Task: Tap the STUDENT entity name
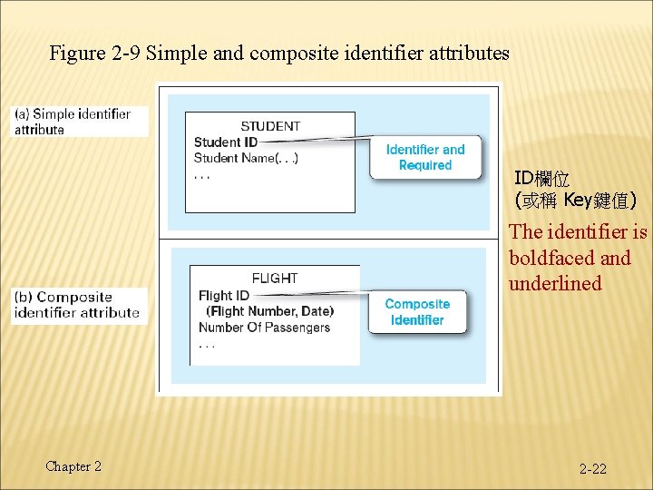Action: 270,126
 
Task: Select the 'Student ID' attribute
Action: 226,142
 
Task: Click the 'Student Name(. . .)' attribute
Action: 246,158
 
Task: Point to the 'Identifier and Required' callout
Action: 424,157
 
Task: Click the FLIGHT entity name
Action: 274,279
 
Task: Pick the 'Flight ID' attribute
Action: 224,295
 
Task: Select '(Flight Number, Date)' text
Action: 269,311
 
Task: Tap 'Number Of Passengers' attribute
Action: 264,328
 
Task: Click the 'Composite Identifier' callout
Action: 417,311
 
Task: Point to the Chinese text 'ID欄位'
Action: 542,178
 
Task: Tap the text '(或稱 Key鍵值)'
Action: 575,200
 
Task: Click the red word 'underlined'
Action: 555,284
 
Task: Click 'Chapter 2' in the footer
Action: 73,466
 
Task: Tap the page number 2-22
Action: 593,469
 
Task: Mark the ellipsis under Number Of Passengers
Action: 207,345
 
